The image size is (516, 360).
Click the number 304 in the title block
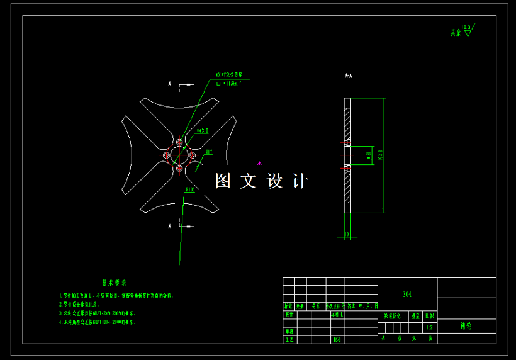pos(407,294)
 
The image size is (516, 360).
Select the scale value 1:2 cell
pos(430,327)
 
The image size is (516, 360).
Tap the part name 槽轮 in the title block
pos(466,327)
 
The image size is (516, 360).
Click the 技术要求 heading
pos(115,283)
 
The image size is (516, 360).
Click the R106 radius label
pos(190,189)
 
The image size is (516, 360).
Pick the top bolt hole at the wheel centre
pos(179,142)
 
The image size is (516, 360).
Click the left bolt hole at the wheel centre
pos(166,155)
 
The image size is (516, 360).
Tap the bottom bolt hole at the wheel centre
pos(179,168)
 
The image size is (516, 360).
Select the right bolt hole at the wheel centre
pos(192,155)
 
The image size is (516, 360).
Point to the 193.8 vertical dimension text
pos(380,155)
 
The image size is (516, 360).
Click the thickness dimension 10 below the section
pos(347,234)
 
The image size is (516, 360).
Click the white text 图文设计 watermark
pos(261,181)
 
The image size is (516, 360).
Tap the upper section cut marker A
pos(169,84)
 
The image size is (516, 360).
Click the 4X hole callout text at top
pos(230,74)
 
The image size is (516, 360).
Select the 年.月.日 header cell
pos(367,306)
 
